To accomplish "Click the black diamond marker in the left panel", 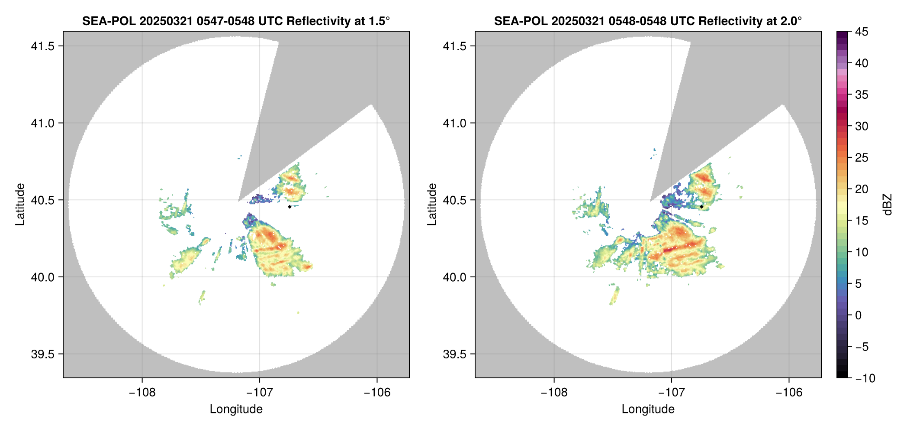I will point(289,207).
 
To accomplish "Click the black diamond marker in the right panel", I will point(701,207).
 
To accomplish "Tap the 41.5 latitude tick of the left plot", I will point(42,46).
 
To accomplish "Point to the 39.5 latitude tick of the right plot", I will point(454,354).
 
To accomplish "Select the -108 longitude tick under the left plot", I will point(142,393).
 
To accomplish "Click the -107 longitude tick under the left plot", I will point(260,393).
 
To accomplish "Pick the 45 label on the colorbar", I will point(861,32).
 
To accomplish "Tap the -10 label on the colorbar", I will point(865,378).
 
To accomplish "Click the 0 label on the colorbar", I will point(859,315).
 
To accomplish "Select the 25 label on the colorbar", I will point(861,158).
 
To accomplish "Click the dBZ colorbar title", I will point(888,205).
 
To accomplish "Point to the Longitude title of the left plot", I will point(236,409).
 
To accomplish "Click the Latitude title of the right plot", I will point(432,205).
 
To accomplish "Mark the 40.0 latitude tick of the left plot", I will point(42,277).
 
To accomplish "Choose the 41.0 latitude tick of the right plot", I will point(454,123).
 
